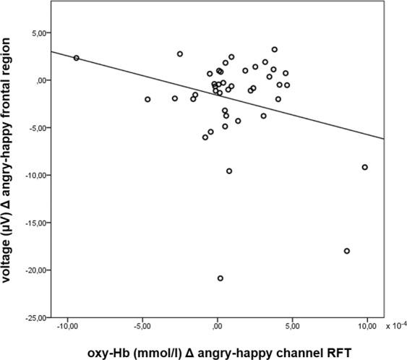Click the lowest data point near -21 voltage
click(220, 278)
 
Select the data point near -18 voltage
click(347, 251)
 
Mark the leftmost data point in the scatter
click(76, 58)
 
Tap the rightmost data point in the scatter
click(365, 167)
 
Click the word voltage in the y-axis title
click(13, 262)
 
